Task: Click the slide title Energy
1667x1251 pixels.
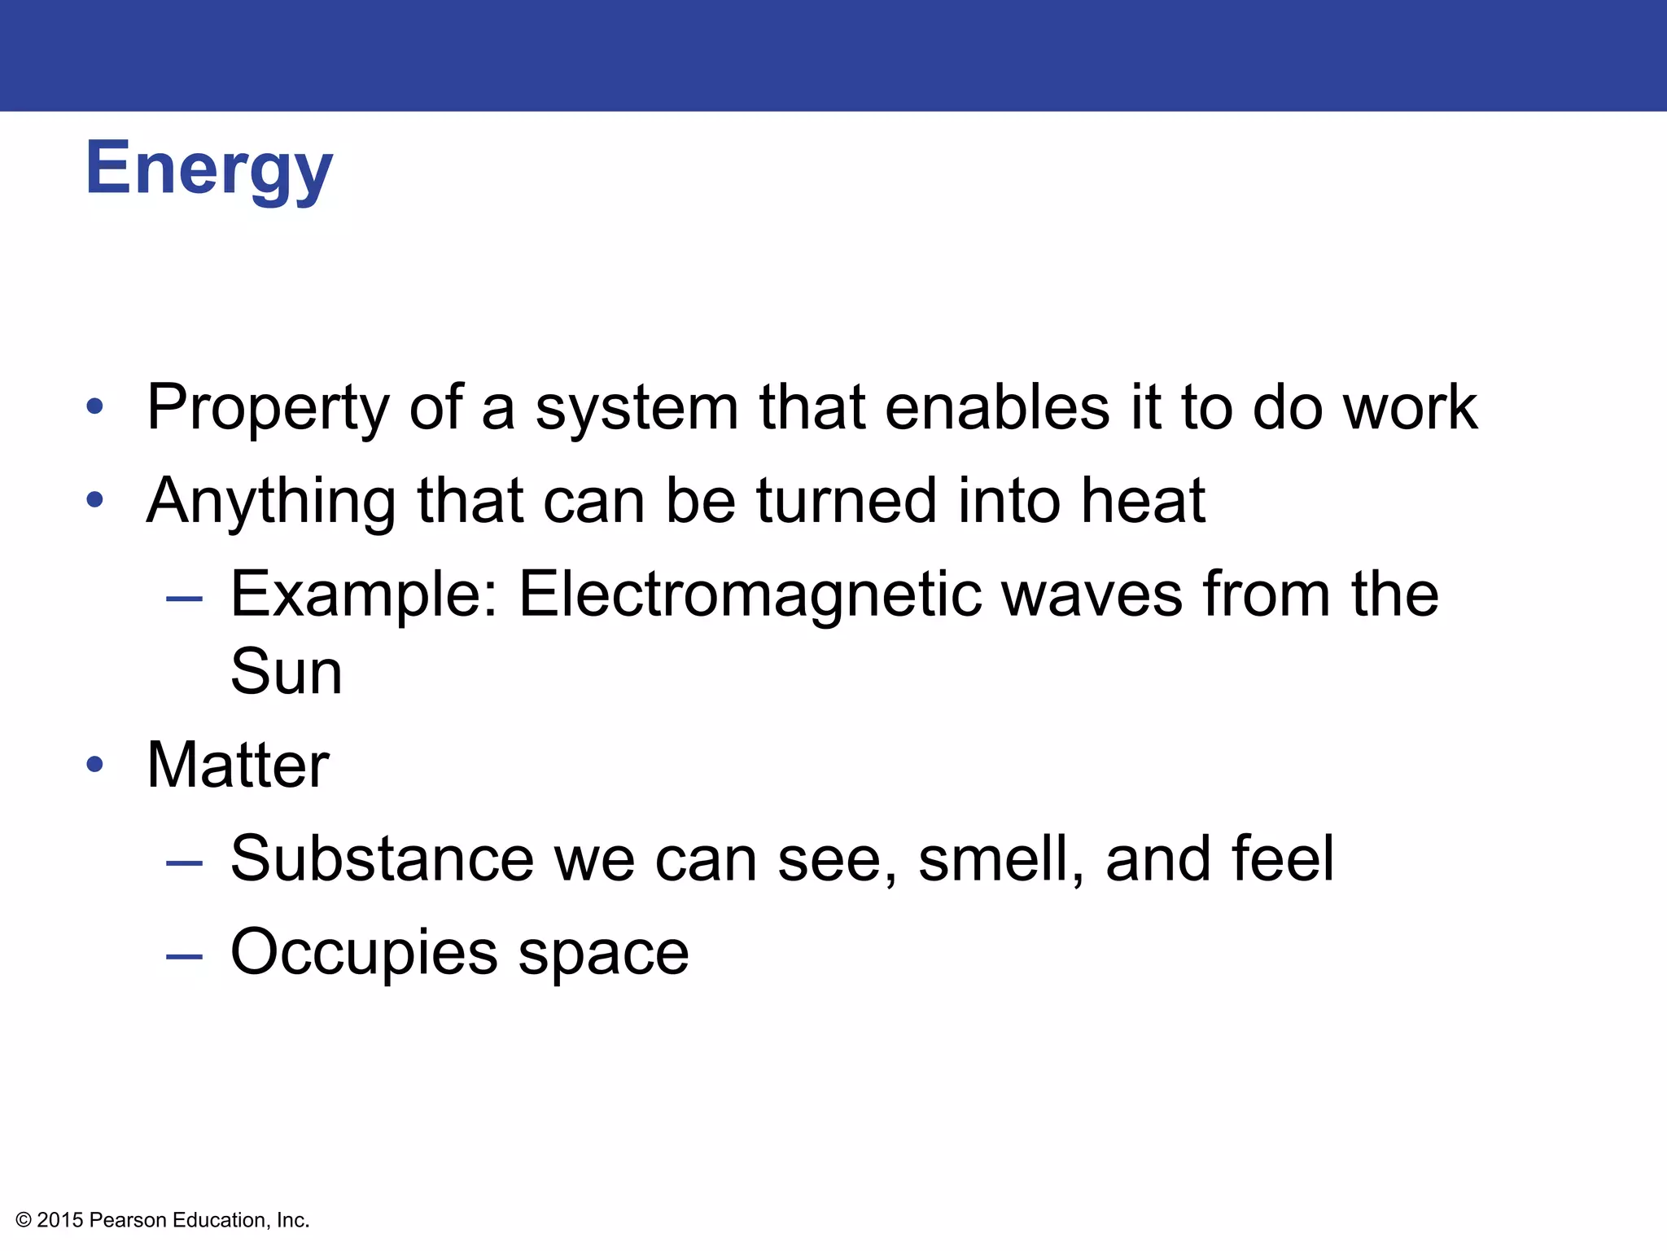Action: tap(208, 169)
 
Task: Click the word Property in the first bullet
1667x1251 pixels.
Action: tap(268, 407)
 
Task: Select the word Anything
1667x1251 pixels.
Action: tap(272, 501)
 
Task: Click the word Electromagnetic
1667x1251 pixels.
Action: tap(749, 595)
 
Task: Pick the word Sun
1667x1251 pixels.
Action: tap(286, 672)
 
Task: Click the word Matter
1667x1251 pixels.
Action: tap(238, 766)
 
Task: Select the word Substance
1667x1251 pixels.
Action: tap(382, 859)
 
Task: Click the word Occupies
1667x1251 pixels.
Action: tap(364, 953)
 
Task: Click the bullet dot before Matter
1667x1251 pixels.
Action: tap(95, 765)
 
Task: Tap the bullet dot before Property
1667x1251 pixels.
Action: tap(95, 406)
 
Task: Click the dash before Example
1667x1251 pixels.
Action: tap(184, 599)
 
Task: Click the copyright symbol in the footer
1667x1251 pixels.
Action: tap(24, 1220)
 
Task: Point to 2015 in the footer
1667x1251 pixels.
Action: tap(60, 1220)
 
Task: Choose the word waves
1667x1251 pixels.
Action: tap(1092, 595)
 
